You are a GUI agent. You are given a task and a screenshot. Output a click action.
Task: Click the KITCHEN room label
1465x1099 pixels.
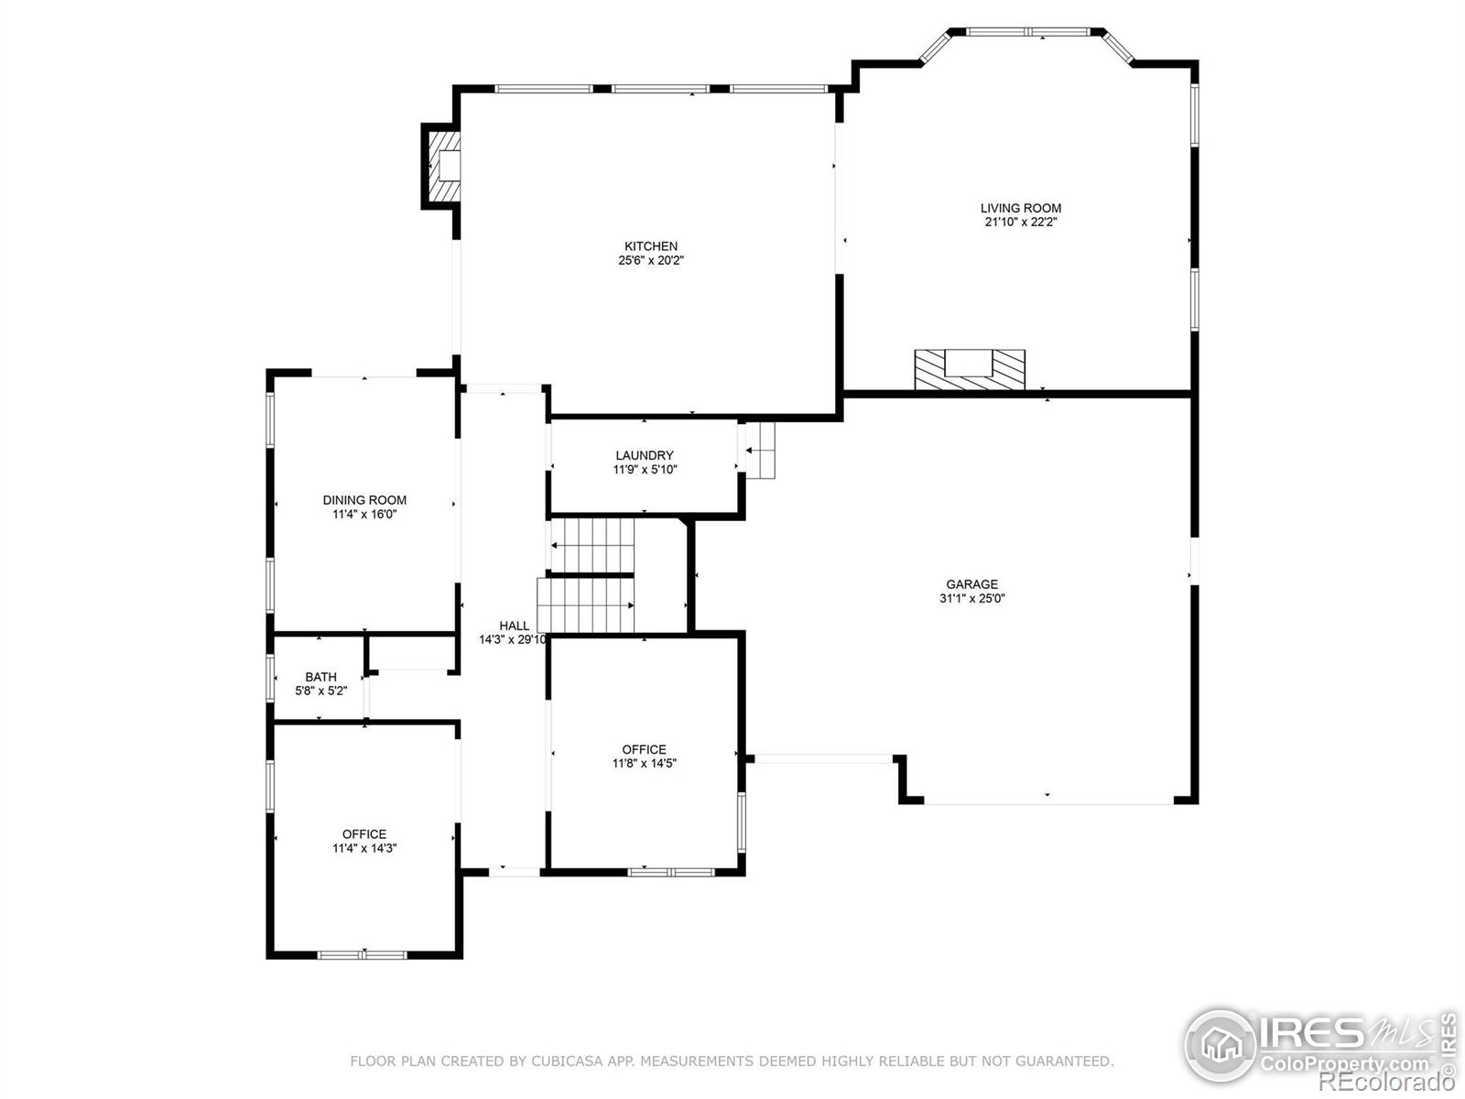click(651, 246)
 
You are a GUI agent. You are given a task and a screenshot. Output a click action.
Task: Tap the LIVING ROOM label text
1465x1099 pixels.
click(1021, 208)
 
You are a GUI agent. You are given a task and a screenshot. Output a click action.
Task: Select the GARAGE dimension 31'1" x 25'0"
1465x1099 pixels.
click(971, 599)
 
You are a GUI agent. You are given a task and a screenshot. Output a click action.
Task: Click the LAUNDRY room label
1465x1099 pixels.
click(645, 455)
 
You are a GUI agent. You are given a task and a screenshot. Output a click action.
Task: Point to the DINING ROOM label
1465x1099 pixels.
click(364, 500)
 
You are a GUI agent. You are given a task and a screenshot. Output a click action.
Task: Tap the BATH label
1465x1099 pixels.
click(320, 677)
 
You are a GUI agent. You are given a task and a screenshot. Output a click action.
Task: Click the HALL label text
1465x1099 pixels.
click(514, 626)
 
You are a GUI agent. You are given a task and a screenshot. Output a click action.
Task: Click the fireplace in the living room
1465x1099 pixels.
click(970, 369)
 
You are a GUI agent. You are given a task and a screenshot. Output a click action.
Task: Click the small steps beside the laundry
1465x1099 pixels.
click(760, 450)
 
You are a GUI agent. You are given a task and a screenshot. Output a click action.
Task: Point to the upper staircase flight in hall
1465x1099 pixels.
click(591, 545)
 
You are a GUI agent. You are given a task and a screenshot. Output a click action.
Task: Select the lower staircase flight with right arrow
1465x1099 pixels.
click(586, 605)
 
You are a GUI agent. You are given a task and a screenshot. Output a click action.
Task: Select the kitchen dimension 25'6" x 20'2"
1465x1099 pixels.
click(651, 261)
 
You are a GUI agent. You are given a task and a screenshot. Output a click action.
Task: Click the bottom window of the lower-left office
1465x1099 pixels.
click(362, 954)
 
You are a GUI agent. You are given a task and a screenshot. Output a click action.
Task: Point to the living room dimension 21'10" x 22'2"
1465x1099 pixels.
click(1021, 222)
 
